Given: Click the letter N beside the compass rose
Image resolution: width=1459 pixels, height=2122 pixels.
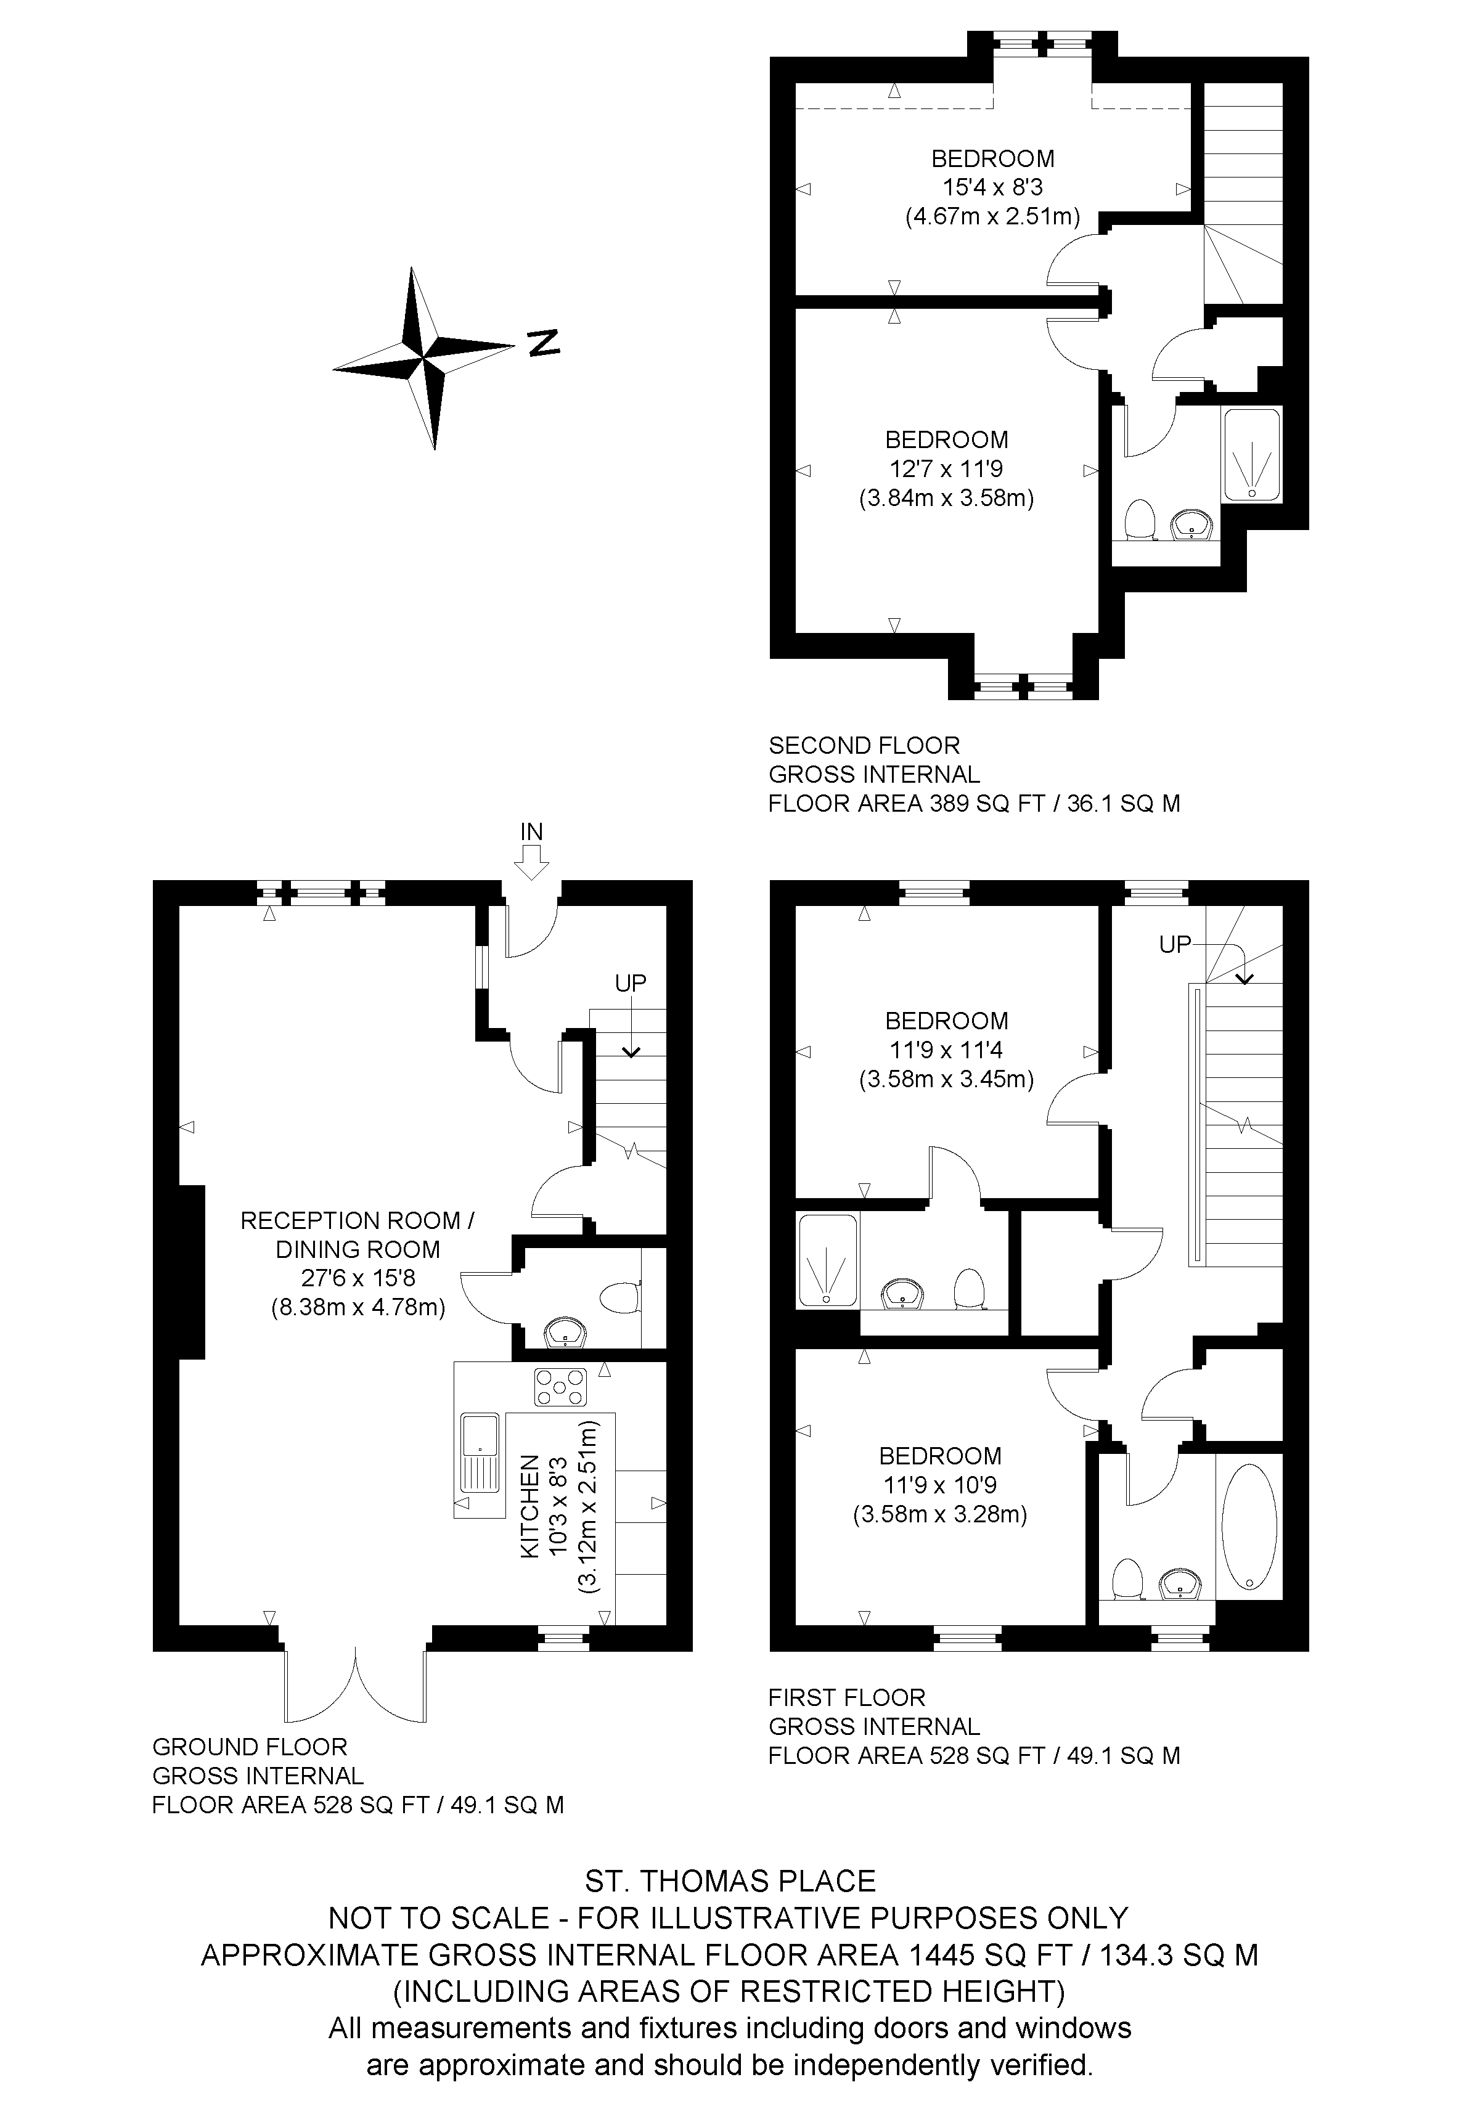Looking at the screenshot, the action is point(544,342).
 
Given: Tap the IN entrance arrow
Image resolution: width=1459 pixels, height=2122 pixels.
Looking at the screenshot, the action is point(531,861).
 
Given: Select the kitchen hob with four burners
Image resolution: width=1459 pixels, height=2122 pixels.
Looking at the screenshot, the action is point(560,1385).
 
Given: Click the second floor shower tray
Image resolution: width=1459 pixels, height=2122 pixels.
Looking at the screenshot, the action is point(1251,454).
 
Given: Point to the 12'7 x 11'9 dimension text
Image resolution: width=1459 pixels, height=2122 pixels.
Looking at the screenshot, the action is point(947,469).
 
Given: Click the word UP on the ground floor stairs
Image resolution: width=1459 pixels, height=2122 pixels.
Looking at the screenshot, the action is point(631,983).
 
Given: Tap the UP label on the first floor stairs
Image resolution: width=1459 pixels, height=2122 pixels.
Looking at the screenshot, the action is point(1175,945).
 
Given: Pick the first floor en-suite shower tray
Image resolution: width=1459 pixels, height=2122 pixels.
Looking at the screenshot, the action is point(827,1259).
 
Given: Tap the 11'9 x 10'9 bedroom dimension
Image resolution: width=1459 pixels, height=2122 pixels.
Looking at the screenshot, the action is point(940,1485).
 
